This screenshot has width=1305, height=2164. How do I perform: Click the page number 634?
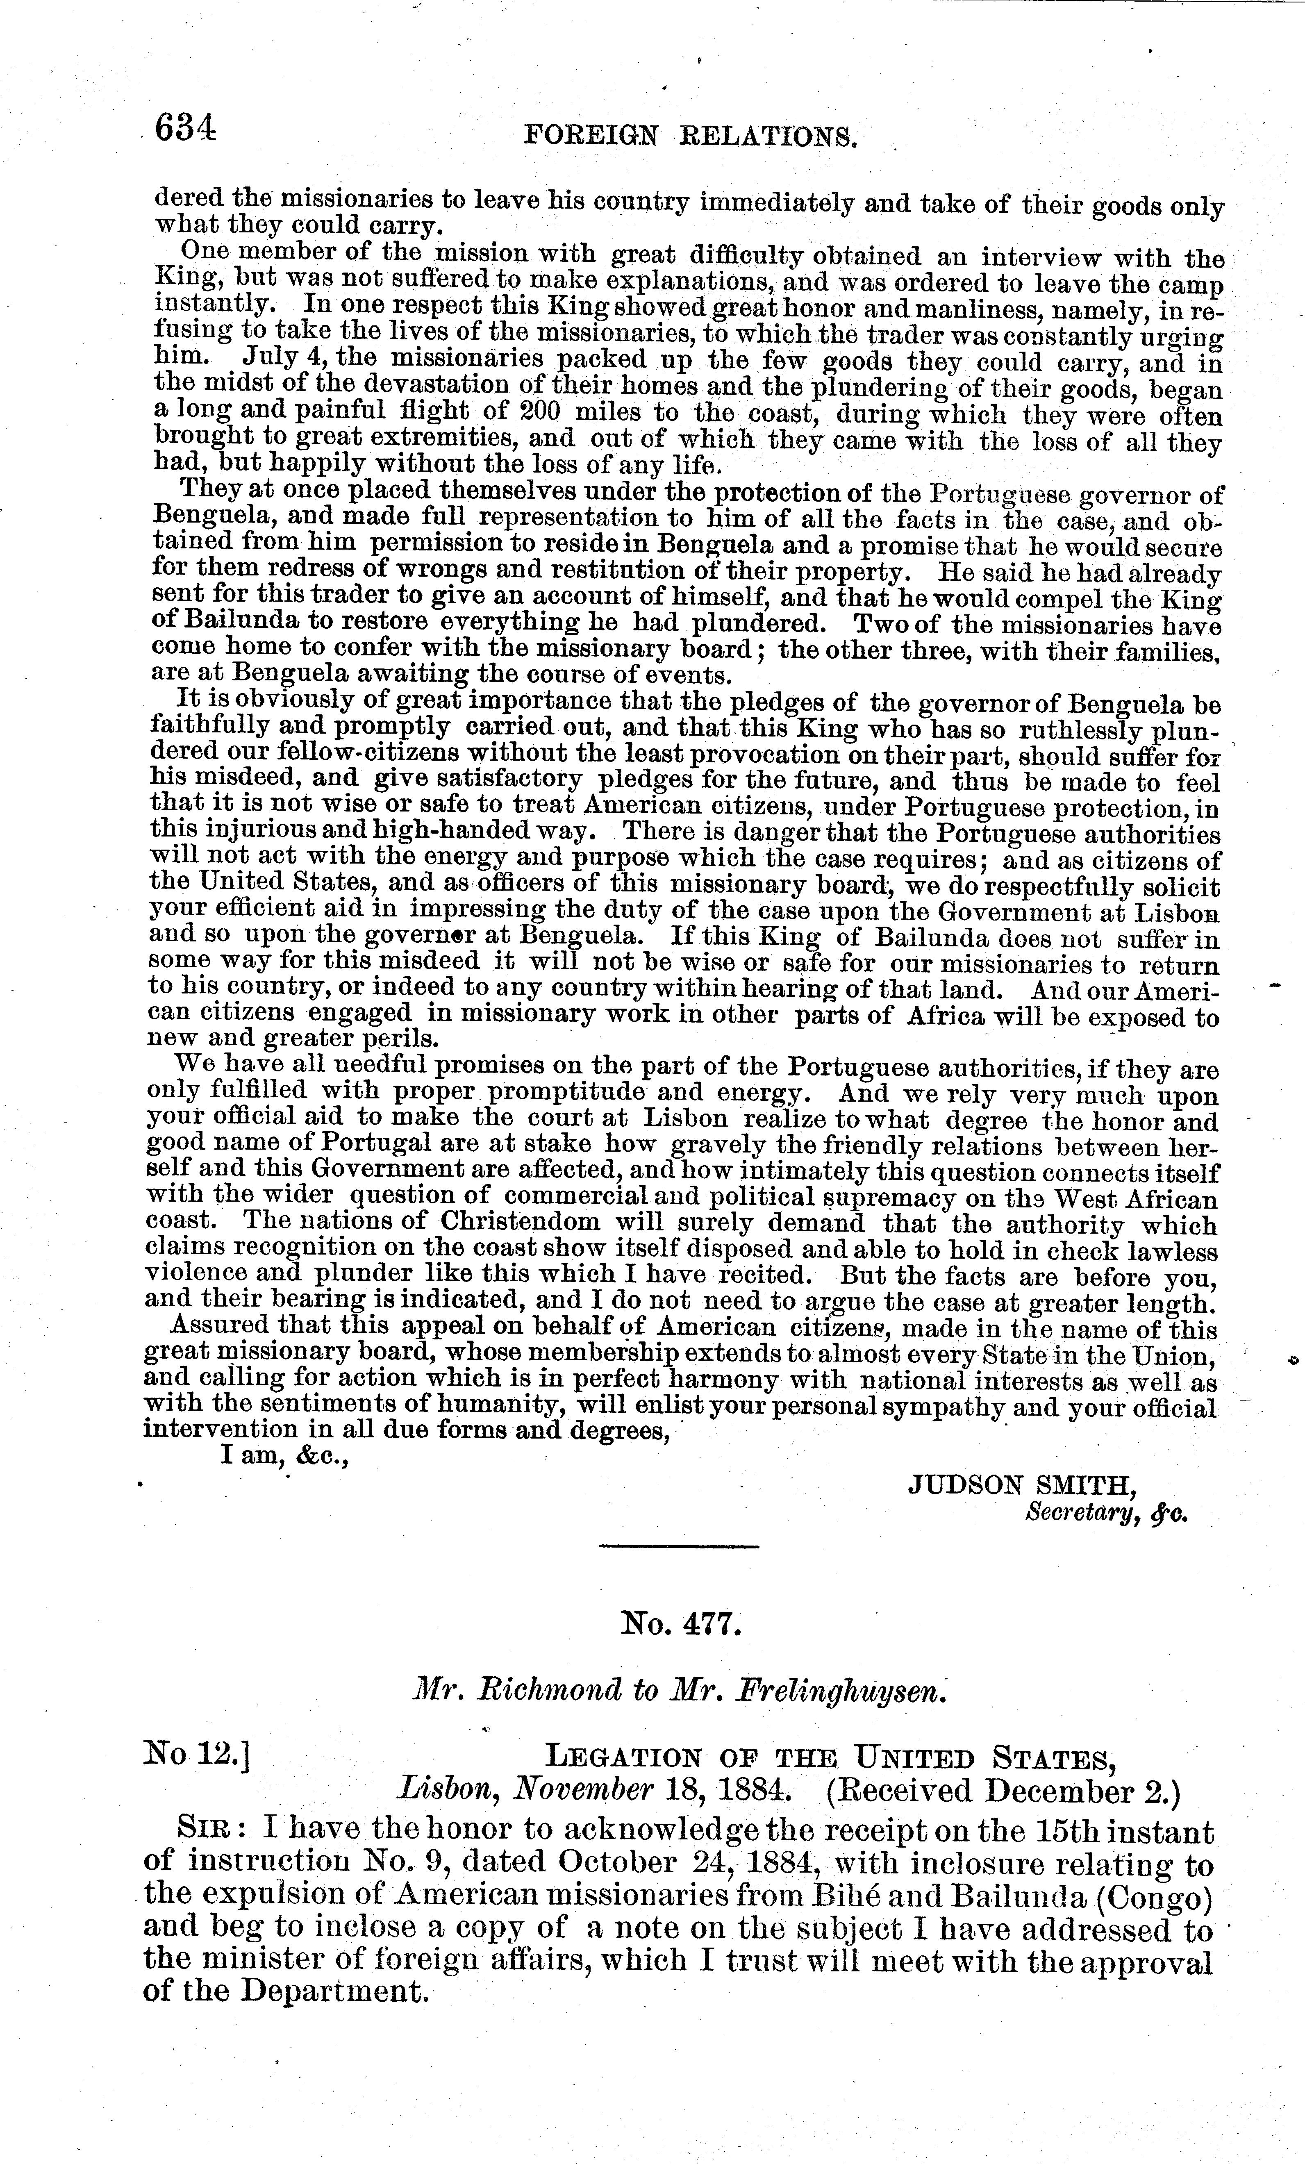(184, 130)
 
